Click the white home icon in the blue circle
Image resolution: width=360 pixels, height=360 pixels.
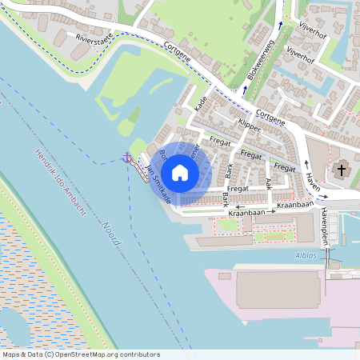[180, 172]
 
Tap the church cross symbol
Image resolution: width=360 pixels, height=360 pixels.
[342, 170]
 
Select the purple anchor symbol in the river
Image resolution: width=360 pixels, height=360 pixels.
[126, 158]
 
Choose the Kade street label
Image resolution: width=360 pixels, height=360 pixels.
[202, 102]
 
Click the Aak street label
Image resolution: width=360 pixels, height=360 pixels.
[268, 183]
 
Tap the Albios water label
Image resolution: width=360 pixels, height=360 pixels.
[305, 256]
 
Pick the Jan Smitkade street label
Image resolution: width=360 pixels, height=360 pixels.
[157, 183]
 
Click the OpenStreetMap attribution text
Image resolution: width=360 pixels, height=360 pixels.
[81, 354]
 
